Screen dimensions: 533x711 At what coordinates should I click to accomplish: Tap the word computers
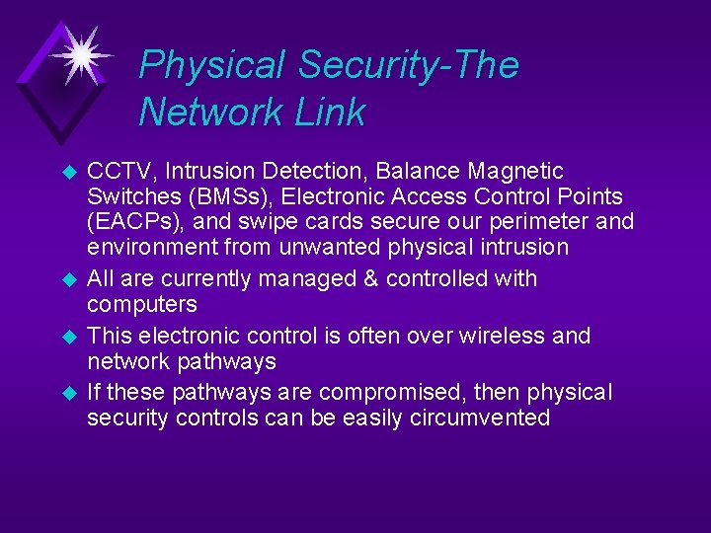tap(142, 304)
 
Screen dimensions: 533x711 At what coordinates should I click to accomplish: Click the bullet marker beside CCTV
tap(69, 172)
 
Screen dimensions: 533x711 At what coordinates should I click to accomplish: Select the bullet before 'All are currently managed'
tap(69, 279)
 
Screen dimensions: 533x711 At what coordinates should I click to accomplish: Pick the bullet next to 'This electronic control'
tap(69, 337)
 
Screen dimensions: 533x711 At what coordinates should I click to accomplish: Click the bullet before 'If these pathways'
tap(69, 393)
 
